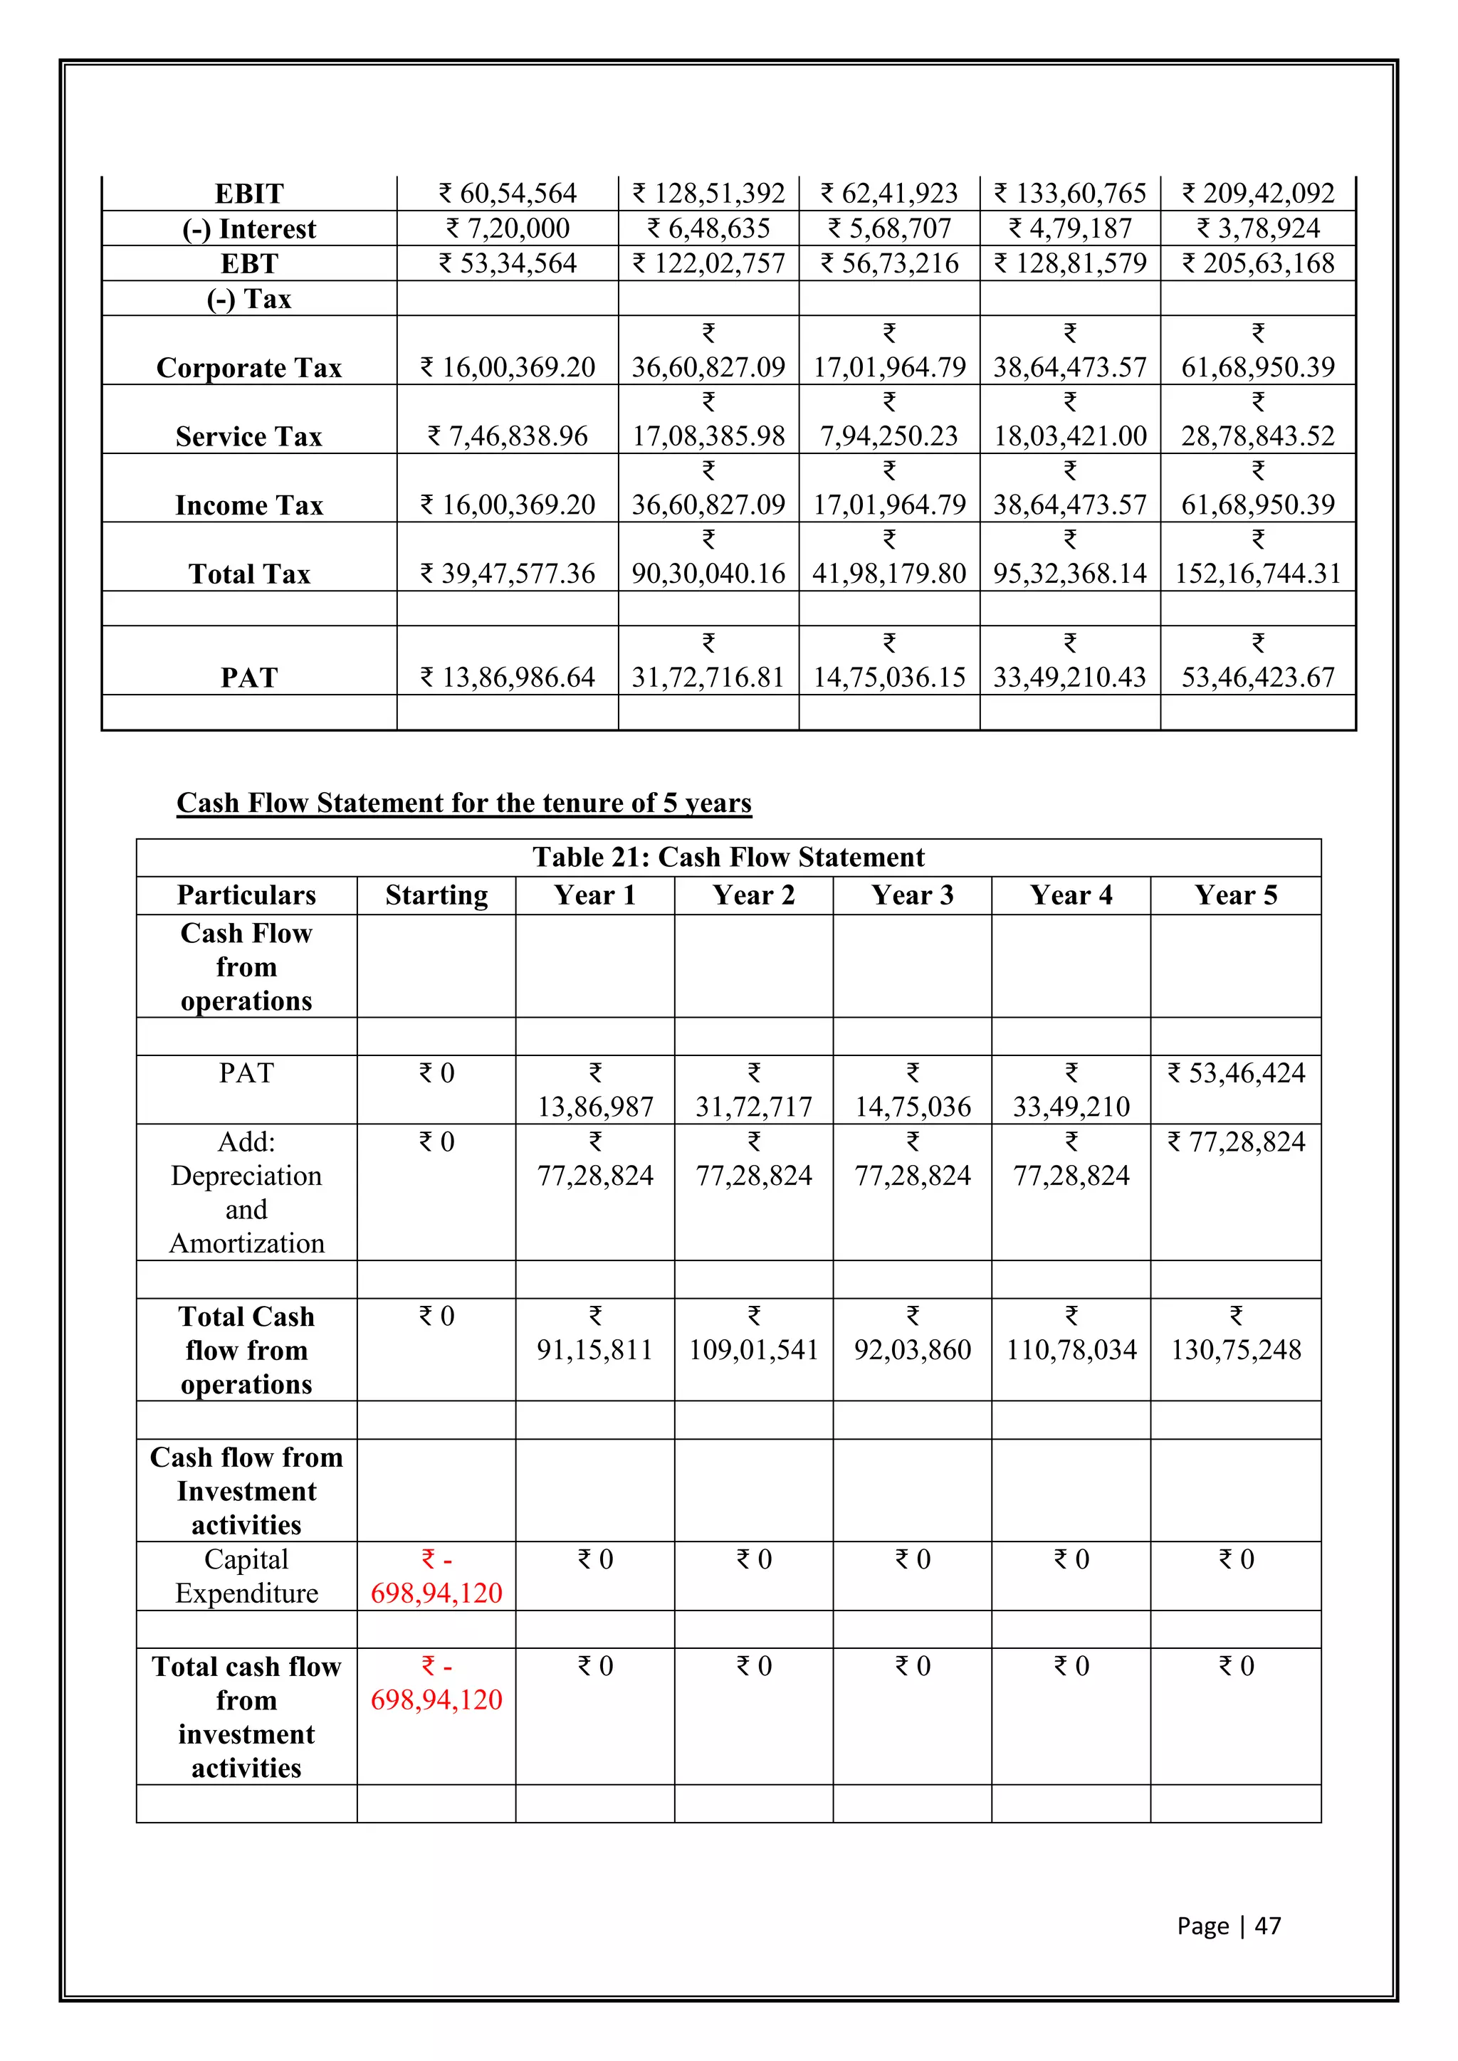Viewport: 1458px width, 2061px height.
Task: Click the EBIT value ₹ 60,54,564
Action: click(x=508, y=193)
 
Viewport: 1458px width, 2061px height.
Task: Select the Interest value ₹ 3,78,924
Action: click(x=1258, y=228)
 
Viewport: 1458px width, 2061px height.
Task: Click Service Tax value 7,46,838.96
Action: click(x=508, y=436)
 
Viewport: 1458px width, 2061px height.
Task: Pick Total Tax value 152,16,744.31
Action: click(x=1258, y=573)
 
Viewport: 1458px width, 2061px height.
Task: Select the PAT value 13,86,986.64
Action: click(x=508, y=677)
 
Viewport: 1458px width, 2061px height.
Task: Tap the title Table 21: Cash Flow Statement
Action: click(x=728, y=858)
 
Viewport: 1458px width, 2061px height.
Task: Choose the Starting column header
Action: click(x=436, y=895)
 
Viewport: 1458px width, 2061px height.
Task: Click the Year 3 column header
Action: click(x=912, y=895)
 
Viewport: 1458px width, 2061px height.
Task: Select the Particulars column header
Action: click(x=246, y=895)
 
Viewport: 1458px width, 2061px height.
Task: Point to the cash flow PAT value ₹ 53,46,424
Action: click(x=1237, y=1072)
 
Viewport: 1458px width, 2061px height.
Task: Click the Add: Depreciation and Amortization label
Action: click(x=246, y=1192)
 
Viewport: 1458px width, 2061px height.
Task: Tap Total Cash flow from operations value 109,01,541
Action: click(x=753, y=1349)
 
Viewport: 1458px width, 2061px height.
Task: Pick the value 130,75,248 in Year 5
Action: click(x=1237, y=1349)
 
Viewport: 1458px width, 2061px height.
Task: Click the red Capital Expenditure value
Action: click(x=436, y=1593)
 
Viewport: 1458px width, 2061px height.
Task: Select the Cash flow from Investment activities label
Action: click(x=246, y=1490)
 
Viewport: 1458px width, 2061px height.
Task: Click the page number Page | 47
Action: click(x=1228, y=1926)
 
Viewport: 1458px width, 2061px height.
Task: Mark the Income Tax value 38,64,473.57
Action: click(x=1069, y=505)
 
